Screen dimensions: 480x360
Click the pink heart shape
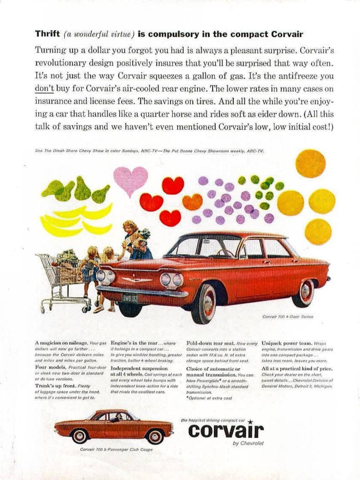click(130, 179)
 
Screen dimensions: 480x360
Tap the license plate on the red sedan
click(130, 298)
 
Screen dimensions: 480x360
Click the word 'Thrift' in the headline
click(47, 34)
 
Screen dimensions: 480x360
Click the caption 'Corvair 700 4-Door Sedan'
click(288, 316)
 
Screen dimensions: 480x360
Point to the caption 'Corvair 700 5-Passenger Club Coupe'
click(116, 450)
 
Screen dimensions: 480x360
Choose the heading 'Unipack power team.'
click(284, 343)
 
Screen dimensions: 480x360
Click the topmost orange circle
click(310, 163)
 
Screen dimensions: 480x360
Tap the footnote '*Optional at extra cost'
click(209, 398)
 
